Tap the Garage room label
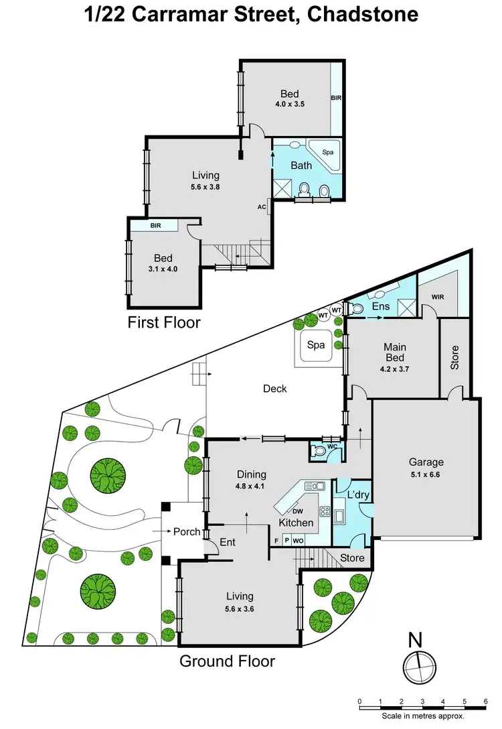[426, 462]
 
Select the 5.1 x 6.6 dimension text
[426, 474]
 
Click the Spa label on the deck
[316, 345]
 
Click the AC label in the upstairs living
[262, 206]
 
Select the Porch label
[187, 531]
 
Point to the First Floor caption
[164, 322]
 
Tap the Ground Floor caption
[227, 661]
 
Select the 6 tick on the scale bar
[485, 702]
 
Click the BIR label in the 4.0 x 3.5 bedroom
[336, 98]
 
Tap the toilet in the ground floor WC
[320, 452]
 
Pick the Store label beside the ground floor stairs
[352, 557]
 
